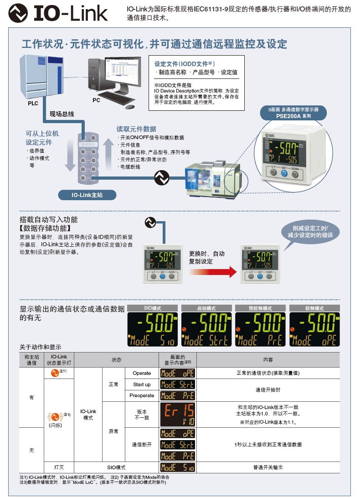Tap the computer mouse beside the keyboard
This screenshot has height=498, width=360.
pyautogui.click(x=130, y=107)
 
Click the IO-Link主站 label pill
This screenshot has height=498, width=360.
pyautogui.click(x=87, y=195)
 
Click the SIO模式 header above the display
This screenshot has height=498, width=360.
pyautogui.click(x=152, y=308)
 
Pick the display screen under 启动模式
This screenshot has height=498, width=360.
pyautogui.click(x=206, y=329)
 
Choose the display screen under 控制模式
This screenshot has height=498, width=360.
pyautogui.click(x=315, y=329)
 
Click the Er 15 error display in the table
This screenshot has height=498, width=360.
pyautogui.click(x=178, y=414)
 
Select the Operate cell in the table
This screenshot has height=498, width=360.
pyautogui.click(x=142, y=373)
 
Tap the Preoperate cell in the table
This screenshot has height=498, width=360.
pyautogui.click(x=142, y=395)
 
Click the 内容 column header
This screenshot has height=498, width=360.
pyautogui.click(x=268, y=360)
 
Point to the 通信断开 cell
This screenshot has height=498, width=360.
pyautogui.click(x=142, y=445)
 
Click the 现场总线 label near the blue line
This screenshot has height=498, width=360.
pyautogui.click(x=62, y=114)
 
